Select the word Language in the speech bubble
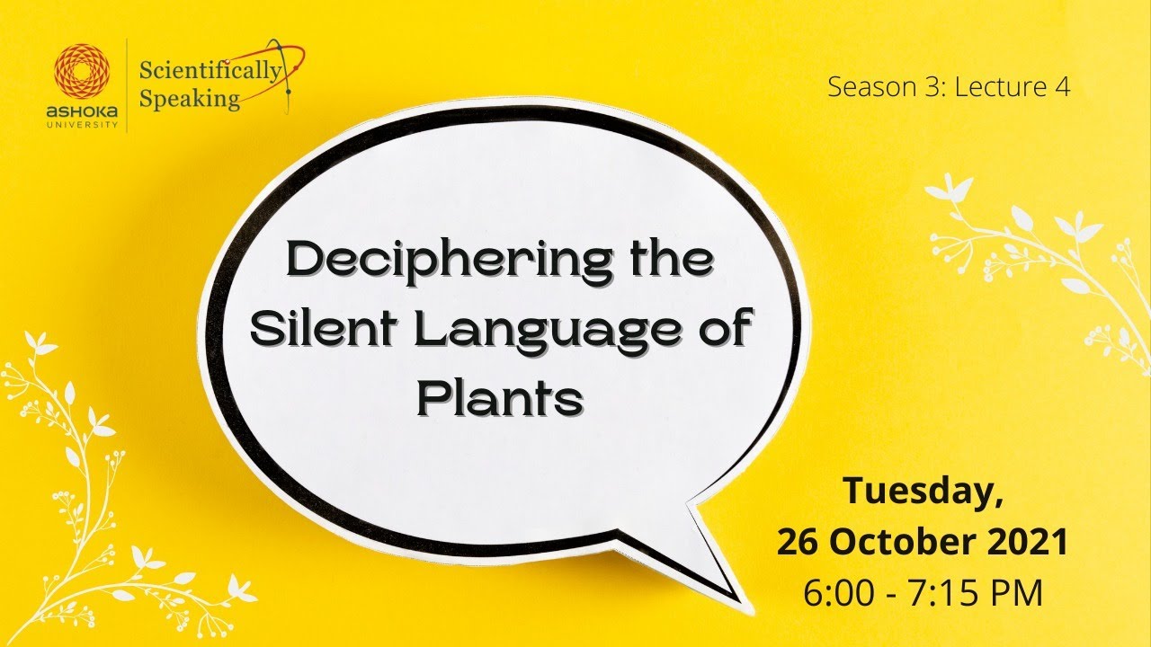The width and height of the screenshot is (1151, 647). click(x=533, y=332)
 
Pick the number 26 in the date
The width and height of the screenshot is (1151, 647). click(x=799, y=543)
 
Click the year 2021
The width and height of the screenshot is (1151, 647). click(x=1024, y=543)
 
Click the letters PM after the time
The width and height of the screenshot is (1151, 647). click(x=1016, y=593)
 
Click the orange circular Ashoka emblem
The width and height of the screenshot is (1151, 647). click(x=82, y=71)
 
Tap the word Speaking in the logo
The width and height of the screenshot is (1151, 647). click(x=191, y=98)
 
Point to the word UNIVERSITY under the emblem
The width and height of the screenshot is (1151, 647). click(x=82, y=125)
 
